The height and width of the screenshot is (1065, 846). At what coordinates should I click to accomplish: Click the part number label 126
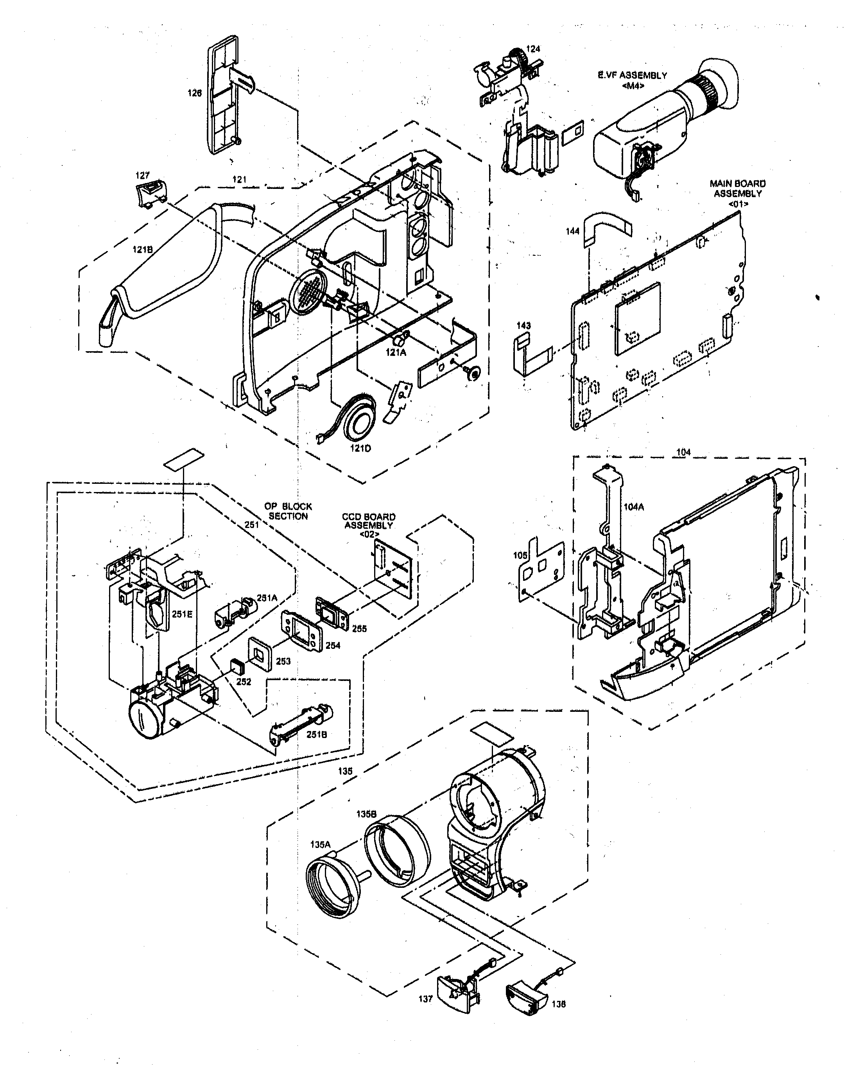click(195, 93)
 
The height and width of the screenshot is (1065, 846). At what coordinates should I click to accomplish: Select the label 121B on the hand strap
click(142, 250)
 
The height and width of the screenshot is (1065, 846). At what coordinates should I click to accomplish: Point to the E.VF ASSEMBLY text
click(632, 75)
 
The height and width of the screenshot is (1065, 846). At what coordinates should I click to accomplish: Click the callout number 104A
click(634, 507)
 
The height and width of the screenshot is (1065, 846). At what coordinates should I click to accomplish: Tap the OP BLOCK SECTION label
click(288, 511)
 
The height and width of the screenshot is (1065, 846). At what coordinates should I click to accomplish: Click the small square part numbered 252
click(238, 667)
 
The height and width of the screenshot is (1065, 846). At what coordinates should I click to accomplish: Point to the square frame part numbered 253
click(260, 654)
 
